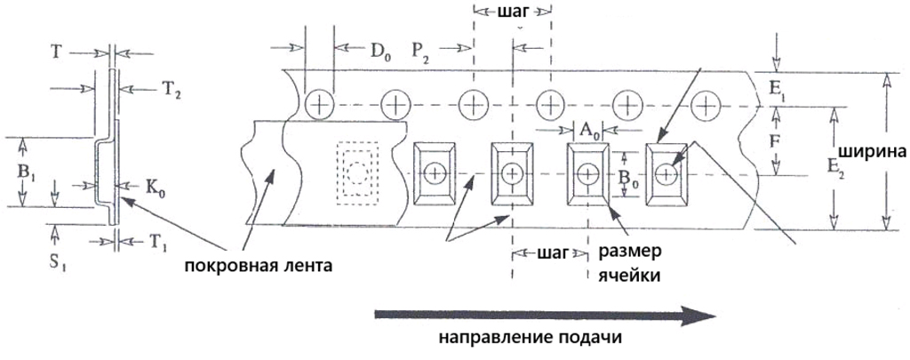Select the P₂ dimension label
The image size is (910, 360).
(422, 52)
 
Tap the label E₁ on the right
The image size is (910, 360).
(778, 89)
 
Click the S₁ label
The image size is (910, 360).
(59, 260)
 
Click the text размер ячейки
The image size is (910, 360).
(629, 263)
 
